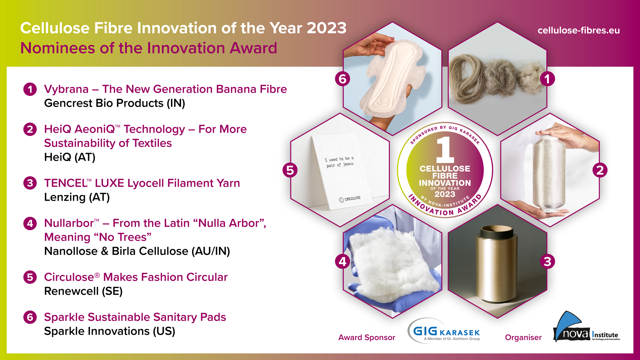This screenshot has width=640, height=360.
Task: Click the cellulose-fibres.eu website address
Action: (579, 30)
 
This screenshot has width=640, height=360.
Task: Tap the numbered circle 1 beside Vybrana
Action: (30, 89)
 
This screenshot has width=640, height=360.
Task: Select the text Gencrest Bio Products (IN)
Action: (115, 103)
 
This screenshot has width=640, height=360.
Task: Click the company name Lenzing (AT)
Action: (77, 197)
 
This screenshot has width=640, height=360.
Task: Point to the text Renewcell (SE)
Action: (83, 291)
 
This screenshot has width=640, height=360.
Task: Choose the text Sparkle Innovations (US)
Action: (110, 331)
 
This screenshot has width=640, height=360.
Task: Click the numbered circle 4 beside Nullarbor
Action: (30, 223)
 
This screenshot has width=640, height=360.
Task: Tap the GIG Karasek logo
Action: (444, 331)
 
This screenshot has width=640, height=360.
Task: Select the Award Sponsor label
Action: (367, 337)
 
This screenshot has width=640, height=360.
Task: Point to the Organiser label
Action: (523, 337)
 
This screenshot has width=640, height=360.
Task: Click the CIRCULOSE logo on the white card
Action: (350, 199)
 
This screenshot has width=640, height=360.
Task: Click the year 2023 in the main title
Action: (326, 28)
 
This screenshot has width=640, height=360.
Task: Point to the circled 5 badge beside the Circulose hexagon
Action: (290, 170)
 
